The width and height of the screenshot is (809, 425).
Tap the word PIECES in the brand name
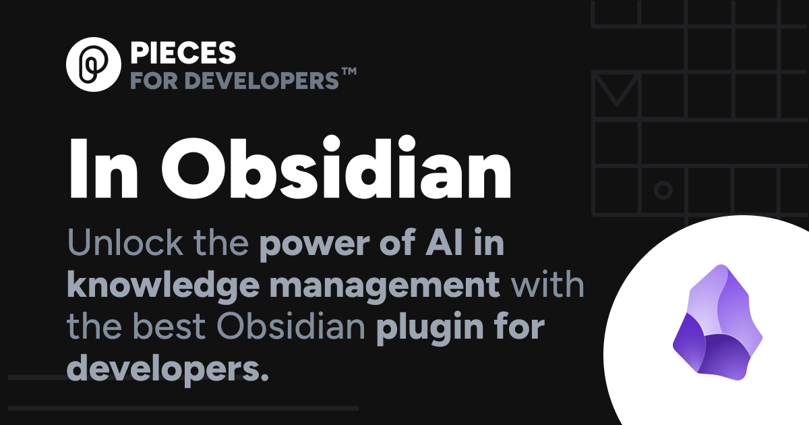tap(183, 53)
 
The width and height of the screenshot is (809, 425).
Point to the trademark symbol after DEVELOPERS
tap(349, 73)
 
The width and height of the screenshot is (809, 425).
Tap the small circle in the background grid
tap(663, 190)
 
